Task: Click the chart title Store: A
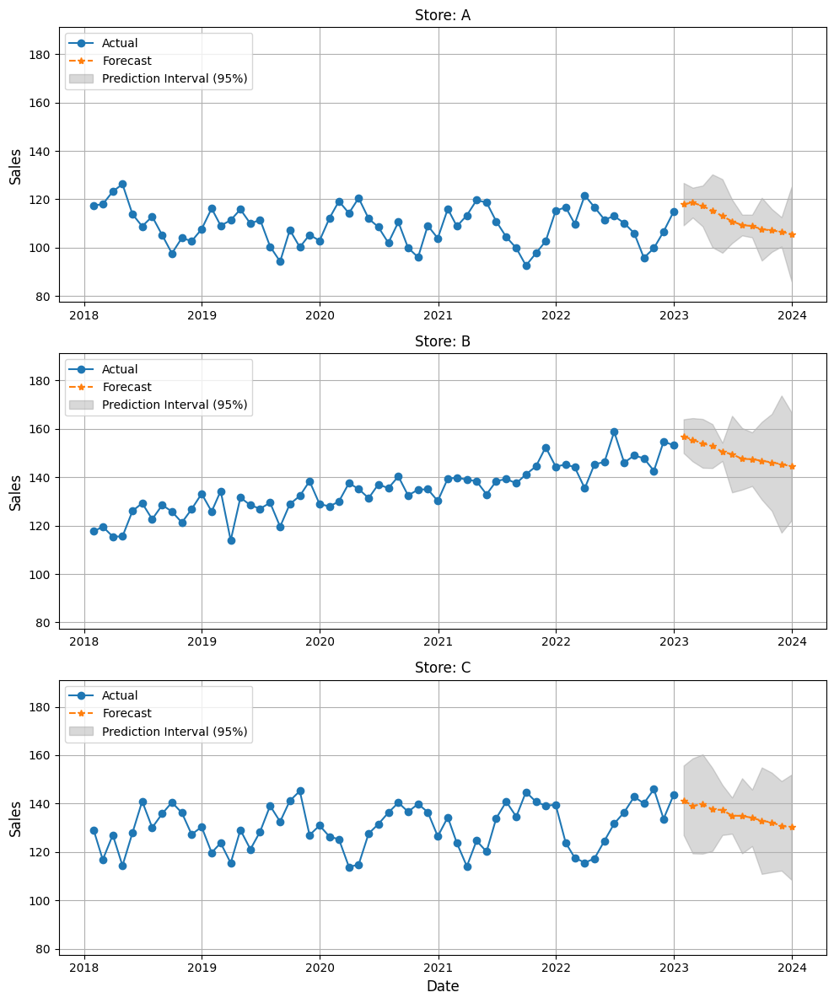(x=443, y=15)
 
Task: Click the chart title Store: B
(x=443, y=341)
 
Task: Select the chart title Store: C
(x=443, y=668)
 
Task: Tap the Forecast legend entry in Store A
(x=126, y=61)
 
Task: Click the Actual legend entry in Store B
(x=120, y=369)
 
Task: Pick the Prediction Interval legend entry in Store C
(x=175, y=732)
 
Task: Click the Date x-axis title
(x=443, y=986)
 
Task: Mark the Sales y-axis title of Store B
(x=15, y=491)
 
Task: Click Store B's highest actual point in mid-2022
(x=614, y=432)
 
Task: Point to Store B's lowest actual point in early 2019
(x=231, y=540)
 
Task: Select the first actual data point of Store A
(x=94, y=206)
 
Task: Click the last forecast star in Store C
(x=792, y=827)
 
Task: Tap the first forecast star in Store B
(x=684, y=437)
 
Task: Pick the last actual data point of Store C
(x=674, y=795)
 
